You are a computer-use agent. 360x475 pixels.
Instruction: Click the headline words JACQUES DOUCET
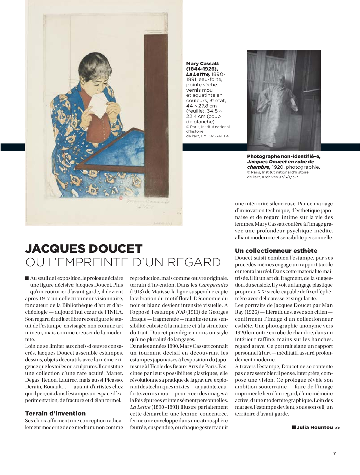[84, 249]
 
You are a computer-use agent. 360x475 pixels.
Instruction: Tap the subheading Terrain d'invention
[55, 414]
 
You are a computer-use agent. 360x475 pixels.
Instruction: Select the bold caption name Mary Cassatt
[202, 63]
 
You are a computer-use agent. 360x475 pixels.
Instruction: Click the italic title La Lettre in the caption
[198, 74]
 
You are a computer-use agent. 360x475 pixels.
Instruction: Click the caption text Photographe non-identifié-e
[284, 156]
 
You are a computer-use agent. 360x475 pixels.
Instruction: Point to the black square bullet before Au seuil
[27, 278]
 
